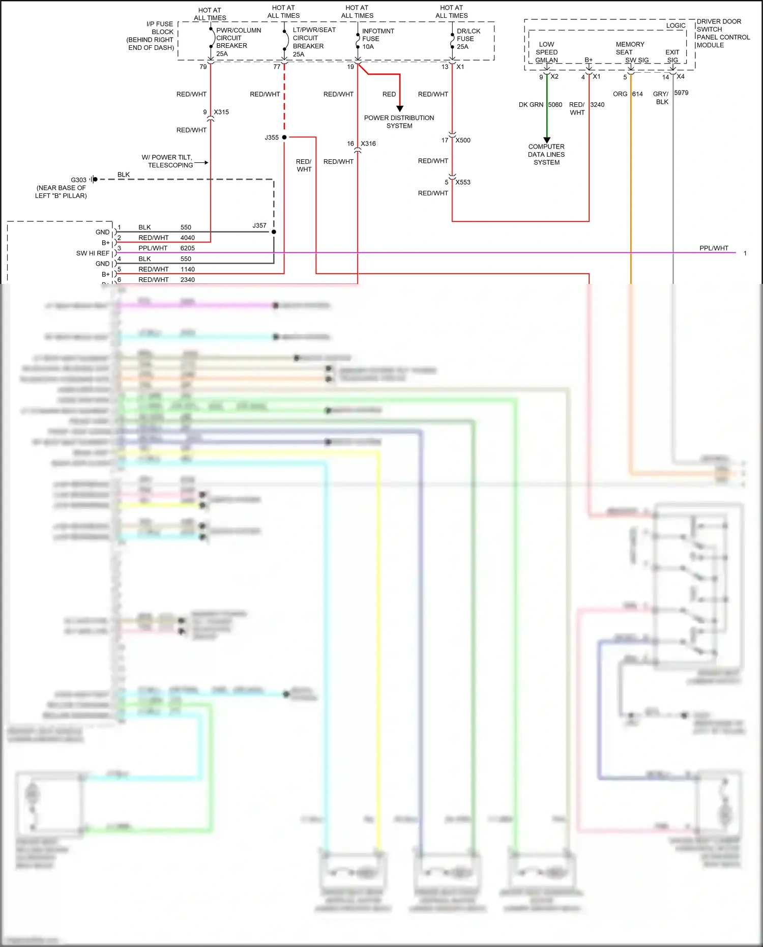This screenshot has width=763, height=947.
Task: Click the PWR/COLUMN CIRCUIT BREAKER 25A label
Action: click(x=238, y=42)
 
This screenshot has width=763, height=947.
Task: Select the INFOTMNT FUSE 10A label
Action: click(x=377, y=39)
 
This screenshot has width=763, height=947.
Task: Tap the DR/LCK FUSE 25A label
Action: click(x=468, y=39)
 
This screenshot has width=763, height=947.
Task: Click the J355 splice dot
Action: click(x=284, y=137)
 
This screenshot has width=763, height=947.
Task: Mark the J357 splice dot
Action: click(x=274, y=232)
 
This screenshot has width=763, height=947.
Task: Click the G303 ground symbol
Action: click(x=94, y=179)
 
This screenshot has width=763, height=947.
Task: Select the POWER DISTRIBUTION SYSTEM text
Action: click(x=399, y=122)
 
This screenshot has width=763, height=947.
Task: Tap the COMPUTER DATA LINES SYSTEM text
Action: click(x=546, y=154)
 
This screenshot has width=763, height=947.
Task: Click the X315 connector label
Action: click(x=221, y=112)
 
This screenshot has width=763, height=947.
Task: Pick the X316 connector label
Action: click(x=368, y=144)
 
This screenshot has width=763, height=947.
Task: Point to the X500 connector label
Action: click(x=463, y=140)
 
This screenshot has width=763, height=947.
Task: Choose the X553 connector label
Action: click(x=463, y=182)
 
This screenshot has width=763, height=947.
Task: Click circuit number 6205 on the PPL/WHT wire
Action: click(x=187, y=248)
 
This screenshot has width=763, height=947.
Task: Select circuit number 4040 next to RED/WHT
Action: click(x=187, y=238)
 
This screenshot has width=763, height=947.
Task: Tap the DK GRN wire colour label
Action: click(x=531, y=105)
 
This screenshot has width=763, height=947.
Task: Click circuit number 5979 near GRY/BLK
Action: click(x=681, y=93)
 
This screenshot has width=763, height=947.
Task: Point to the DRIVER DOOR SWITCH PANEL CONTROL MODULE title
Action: click(x=723, y=33)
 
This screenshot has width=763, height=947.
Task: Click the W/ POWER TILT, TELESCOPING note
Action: click(x=167, y=161)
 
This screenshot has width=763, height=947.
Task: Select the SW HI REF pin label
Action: click(x=93, y=253)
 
